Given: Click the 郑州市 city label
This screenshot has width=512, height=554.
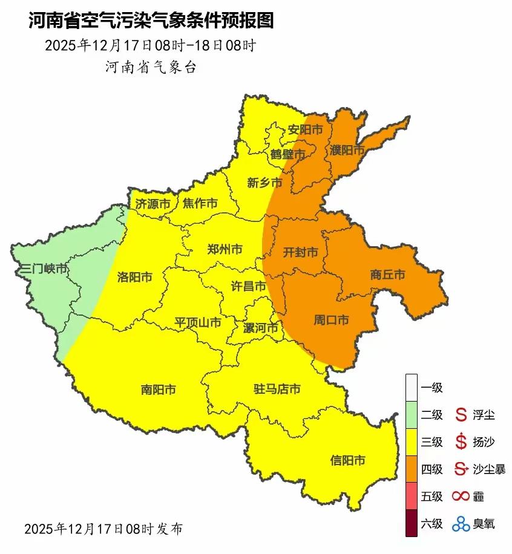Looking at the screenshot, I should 225,249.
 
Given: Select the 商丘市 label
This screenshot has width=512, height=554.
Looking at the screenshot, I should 387,275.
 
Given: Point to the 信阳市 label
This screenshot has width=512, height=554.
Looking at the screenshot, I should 347,460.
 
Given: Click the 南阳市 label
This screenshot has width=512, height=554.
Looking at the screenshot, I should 158,390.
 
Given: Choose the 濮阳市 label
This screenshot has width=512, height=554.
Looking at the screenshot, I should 347,149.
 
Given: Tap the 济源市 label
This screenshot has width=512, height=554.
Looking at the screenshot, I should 153,204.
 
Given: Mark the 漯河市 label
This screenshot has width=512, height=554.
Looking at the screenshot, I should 260,328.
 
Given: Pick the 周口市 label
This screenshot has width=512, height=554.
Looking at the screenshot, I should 330,320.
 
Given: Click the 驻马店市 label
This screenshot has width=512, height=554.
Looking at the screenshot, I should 277,389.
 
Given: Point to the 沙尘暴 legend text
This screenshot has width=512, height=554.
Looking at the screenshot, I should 489,469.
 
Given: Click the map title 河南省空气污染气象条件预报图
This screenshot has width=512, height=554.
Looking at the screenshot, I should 151,21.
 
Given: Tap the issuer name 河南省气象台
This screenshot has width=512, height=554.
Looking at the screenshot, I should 151,67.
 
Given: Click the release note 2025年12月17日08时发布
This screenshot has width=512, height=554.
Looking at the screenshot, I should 103,529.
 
